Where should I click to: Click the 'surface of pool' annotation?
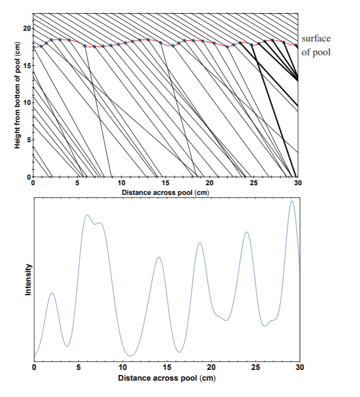point(316,46)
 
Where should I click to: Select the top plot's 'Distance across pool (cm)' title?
point(165,192)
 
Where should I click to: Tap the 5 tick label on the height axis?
point(28,140)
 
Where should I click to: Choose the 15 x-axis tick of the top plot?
point(165,183)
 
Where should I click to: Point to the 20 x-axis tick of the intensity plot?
point(211,367)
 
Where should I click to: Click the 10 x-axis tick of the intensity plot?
point(123,367)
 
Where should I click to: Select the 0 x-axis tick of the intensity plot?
point(34,367)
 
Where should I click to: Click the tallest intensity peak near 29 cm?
point(292,201)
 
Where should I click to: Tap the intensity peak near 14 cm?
point(159,257)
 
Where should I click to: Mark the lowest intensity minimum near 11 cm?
point(131,356)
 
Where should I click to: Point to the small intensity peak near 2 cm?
point(52,293)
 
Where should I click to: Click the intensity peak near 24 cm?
point(247,232)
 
